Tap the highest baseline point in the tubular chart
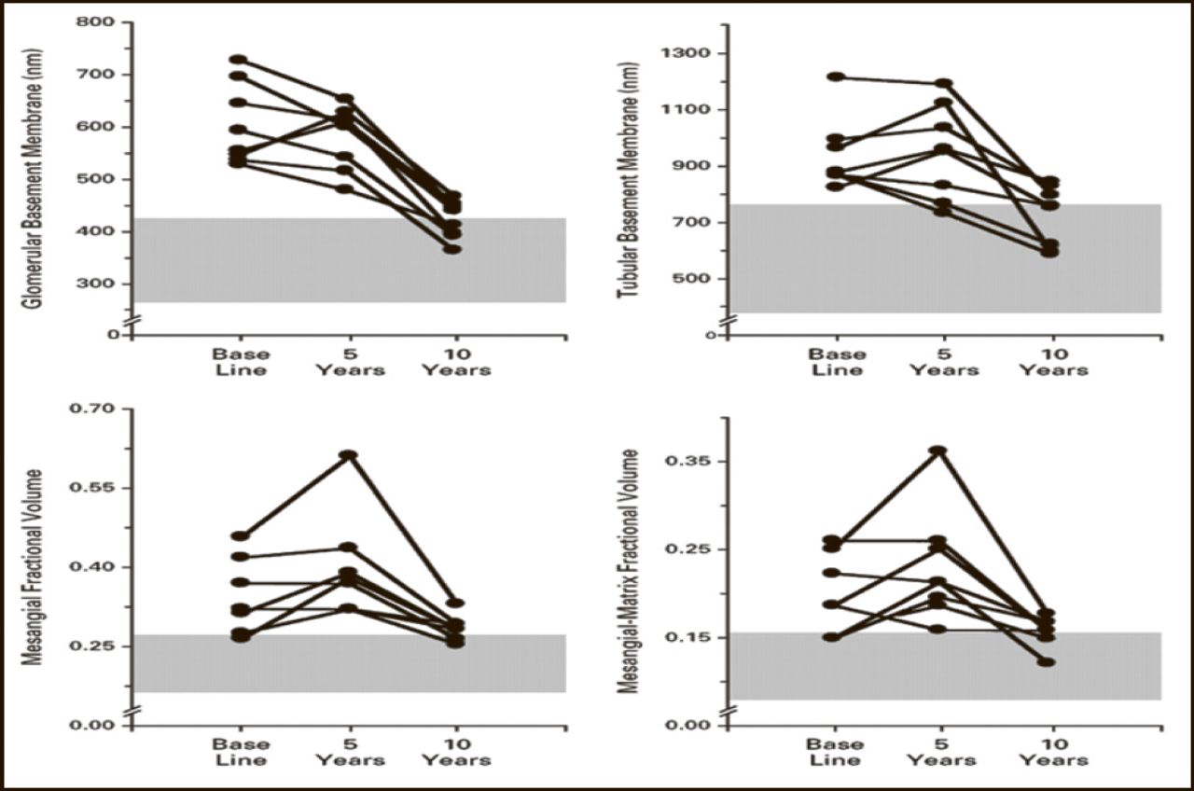tap(835, 76)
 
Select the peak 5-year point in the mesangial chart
tap(348, 455)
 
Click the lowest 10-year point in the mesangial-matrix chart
tap(1048, 662)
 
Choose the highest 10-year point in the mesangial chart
tap(456, 604)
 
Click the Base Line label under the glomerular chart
tap(241, 362)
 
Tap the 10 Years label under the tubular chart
tap(1052, 362)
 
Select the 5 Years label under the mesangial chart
tap(349, 752)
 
